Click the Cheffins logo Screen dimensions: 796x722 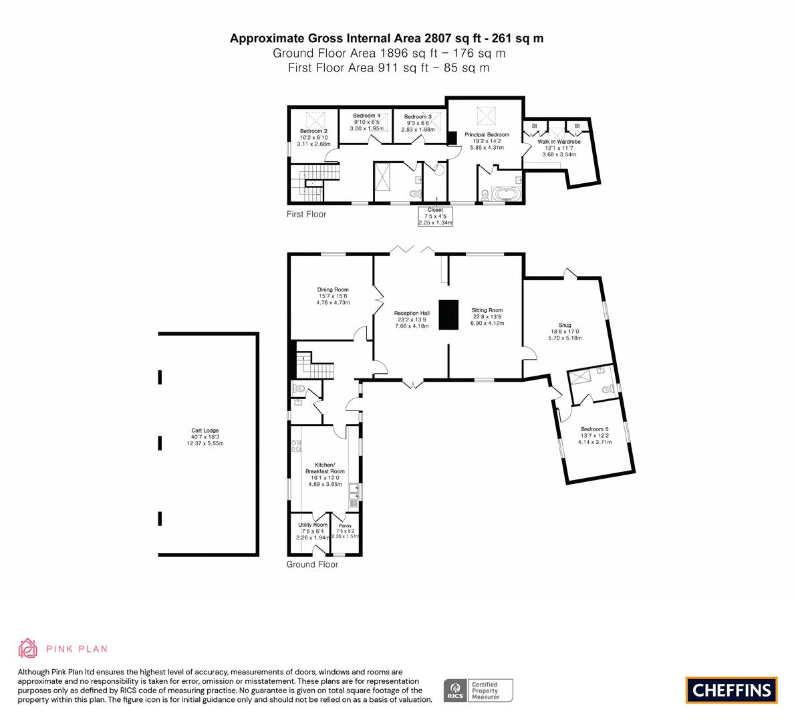(x=732, y=690)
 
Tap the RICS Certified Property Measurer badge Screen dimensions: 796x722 (x=479, y=691)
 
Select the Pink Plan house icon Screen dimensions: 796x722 (x=27, y=648)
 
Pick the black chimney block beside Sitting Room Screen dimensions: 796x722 (x=448, y=315)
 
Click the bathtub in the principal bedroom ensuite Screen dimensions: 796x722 (x=506, y=195)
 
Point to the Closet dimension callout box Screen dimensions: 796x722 (x=435, y=217)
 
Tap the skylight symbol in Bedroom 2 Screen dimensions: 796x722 (x=315, y=121)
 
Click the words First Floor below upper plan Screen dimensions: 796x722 (x=306, y=215)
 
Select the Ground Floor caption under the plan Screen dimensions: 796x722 (x=312, y=565)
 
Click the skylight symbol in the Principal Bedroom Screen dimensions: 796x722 (x=487, y=116)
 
